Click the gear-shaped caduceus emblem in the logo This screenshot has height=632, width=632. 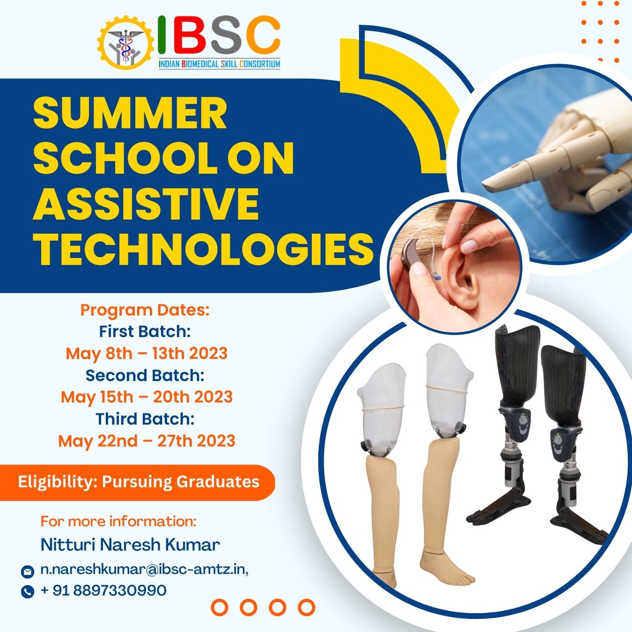[x=125, y=43]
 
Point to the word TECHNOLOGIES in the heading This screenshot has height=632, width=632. [x=203, y=248]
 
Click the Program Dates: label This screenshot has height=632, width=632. [x=145, y=310]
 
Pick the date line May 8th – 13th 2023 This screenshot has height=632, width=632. [x=147, y=353]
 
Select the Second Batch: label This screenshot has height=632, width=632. [x=145, y=375]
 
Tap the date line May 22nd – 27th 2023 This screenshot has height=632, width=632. [x=147, y=441]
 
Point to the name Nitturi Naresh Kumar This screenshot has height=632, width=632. [x=130, y=544]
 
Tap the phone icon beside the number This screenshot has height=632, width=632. [x=27, y=591]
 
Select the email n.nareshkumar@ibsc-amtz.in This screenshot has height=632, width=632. [x=144, y=569]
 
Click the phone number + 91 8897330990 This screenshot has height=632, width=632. [x=103, y=590]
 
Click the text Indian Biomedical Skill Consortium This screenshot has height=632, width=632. [x=220, y=64]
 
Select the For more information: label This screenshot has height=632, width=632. [x=118, y=521]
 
